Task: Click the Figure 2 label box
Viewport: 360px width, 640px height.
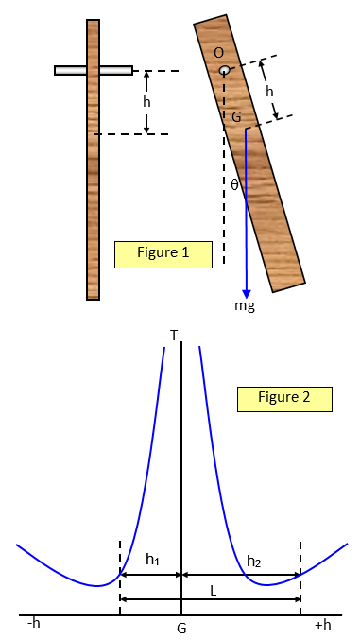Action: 284,398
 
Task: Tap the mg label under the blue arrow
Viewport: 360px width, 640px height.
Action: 246,307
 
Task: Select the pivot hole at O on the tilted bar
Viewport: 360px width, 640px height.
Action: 225,70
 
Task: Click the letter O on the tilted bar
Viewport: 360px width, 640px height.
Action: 219,52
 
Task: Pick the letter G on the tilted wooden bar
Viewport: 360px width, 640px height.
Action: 237,115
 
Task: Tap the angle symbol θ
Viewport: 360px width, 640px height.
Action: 235,185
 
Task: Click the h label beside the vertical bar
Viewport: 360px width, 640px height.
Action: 146,101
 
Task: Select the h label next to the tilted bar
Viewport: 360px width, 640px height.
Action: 270,91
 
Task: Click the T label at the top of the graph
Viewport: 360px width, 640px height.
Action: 174,335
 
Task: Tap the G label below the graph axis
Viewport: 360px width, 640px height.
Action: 181,627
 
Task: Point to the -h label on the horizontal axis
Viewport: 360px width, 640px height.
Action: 34,624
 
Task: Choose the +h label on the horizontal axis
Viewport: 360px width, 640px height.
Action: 322,624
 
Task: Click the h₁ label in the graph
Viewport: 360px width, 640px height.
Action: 151,560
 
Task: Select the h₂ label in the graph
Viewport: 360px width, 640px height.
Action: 253,561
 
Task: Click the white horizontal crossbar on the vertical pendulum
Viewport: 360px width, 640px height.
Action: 93,70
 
